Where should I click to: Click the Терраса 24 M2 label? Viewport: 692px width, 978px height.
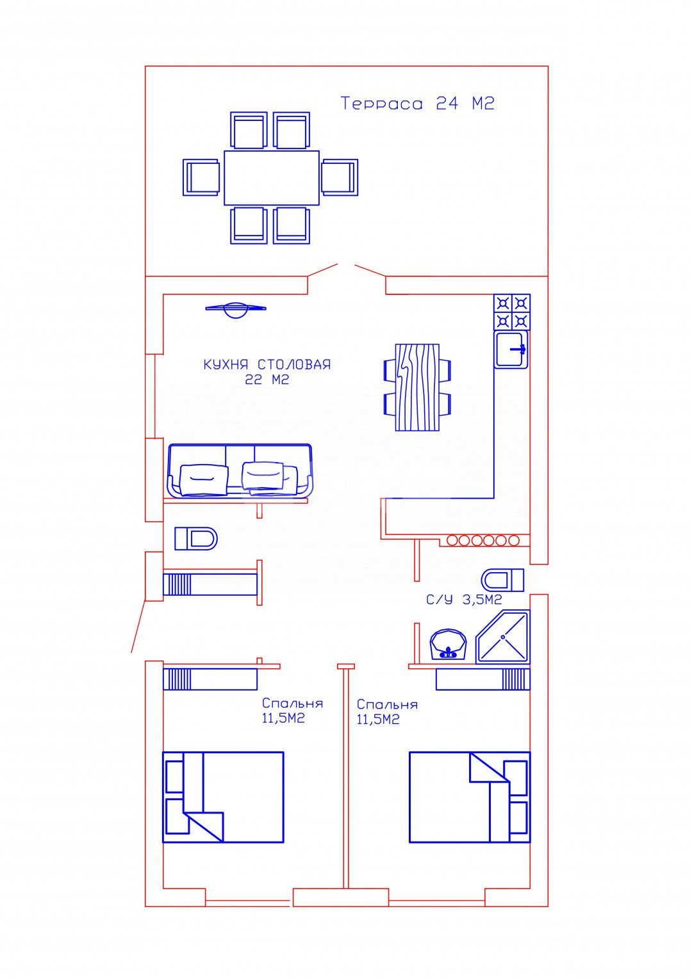pyautogui.click(x=417, y=104)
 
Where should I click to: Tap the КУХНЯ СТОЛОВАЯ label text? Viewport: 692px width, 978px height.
pyautogui.click(x=267, y=364)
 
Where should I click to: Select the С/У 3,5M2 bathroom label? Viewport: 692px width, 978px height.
pyautogui.click(x=464, y=600)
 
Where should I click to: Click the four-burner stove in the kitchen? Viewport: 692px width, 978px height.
pyautogui.click(x=511, y=312)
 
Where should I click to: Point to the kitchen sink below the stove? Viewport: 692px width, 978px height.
pyautogui.click(x=511, y=349)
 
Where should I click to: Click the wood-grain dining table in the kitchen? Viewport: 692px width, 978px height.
pyautogui.click(x=417, y=387)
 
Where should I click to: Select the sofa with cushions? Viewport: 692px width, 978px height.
pyautogui.click(x=240, y=471)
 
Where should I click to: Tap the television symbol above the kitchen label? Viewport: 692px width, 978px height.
pyautogui.click(x=236, y=309)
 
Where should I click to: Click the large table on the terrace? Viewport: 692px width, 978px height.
pyautogui.click(x=272, y=178)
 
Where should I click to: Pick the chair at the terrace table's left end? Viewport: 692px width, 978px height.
pyautogui.click(x=201, y=177)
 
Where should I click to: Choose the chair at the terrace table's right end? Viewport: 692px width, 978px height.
pyautogui.click(x=340, y=177)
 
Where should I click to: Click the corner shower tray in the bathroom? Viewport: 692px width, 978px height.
pyautogui.click(x=503, y=637)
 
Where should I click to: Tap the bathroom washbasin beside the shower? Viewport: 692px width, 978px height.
pyautogui.click(x=448, y=644)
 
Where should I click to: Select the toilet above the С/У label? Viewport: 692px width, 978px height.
pyautogui.click(x=502, y=580)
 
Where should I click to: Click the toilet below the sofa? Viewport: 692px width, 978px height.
pyautogui.click(x=196, y=538)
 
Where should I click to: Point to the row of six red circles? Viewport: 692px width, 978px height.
pyautogui.click(x=482, y=540)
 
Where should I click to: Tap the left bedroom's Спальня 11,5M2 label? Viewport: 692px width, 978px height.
pyautogui.click(x=292, y=711)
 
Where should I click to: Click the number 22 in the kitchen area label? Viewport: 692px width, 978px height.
pyautogui.click(x=254, y=380)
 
